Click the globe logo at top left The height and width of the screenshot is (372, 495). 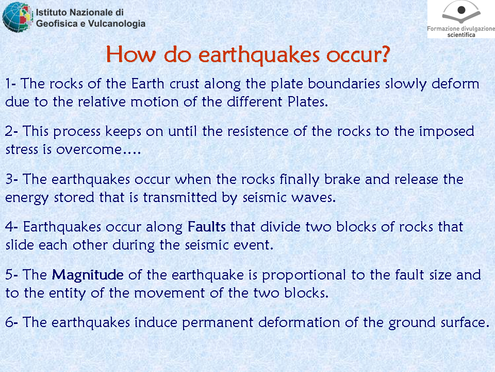click(x=18, y=17)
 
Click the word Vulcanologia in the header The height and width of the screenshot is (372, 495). click(x=117, y=23)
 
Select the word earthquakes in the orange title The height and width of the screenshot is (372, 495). click(x=259, y=54)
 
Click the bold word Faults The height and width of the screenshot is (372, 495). click(x=206, y=227)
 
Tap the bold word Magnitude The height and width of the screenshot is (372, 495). click(x=88, y=275)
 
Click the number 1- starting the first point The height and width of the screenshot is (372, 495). click(x=10, y=84)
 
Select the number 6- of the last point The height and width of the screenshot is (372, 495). click(x=11, y=322)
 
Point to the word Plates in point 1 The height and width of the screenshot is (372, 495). click(x=308, y=102)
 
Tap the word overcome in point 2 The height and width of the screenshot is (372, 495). click(x=89, y=150)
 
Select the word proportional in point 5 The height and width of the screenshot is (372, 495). click(x=304, y=275)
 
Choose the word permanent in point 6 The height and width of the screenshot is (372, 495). click(x=218, y=323)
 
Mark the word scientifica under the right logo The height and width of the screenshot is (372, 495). click(x=461, y=35)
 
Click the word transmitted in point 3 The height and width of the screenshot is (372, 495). click(x=180, y=197)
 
